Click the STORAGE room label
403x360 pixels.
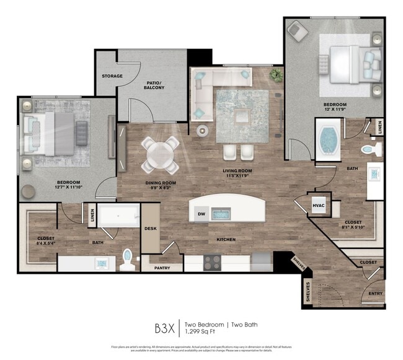click(x=112, y=76)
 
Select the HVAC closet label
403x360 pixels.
click(x=319, y=205)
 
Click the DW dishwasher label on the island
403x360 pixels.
click(x=201, y=214)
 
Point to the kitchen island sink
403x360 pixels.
click(x=221, y=214)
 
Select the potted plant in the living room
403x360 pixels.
click(x=275, y=75)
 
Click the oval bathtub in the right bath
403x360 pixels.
click(x=326, y=141)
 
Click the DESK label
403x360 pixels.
click(x=151, y=228)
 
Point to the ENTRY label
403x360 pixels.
click(x=375, y=294)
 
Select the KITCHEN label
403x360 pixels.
click(x=225, y=240)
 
